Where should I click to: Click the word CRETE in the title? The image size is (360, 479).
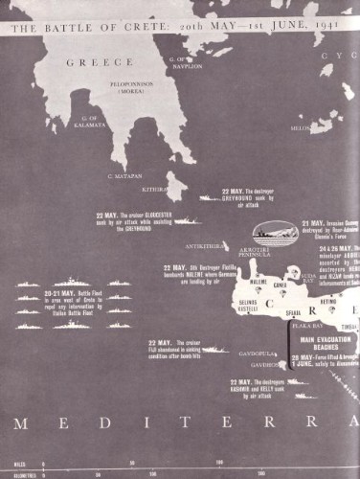coord(119,29)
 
